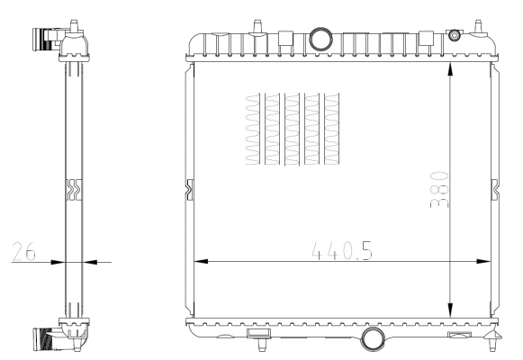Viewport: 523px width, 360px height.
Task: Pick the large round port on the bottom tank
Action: click(372, 338)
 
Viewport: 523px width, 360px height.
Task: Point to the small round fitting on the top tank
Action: click(454, 35)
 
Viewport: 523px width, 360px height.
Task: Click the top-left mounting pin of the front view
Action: click(258, 22)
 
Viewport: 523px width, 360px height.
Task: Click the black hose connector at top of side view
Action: click(42, 39)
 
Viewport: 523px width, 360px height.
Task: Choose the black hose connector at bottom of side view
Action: click(42, 339)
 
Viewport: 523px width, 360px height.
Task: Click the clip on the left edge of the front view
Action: click(189, 189)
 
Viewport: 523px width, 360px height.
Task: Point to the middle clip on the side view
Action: click(73, 189)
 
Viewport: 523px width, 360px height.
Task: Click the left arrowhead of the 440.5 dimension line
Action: click(201, 262)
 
